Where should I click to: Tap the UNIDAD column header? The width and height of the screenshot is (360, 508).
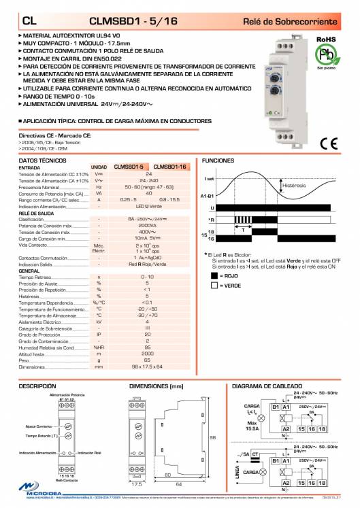coord(99,167)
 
